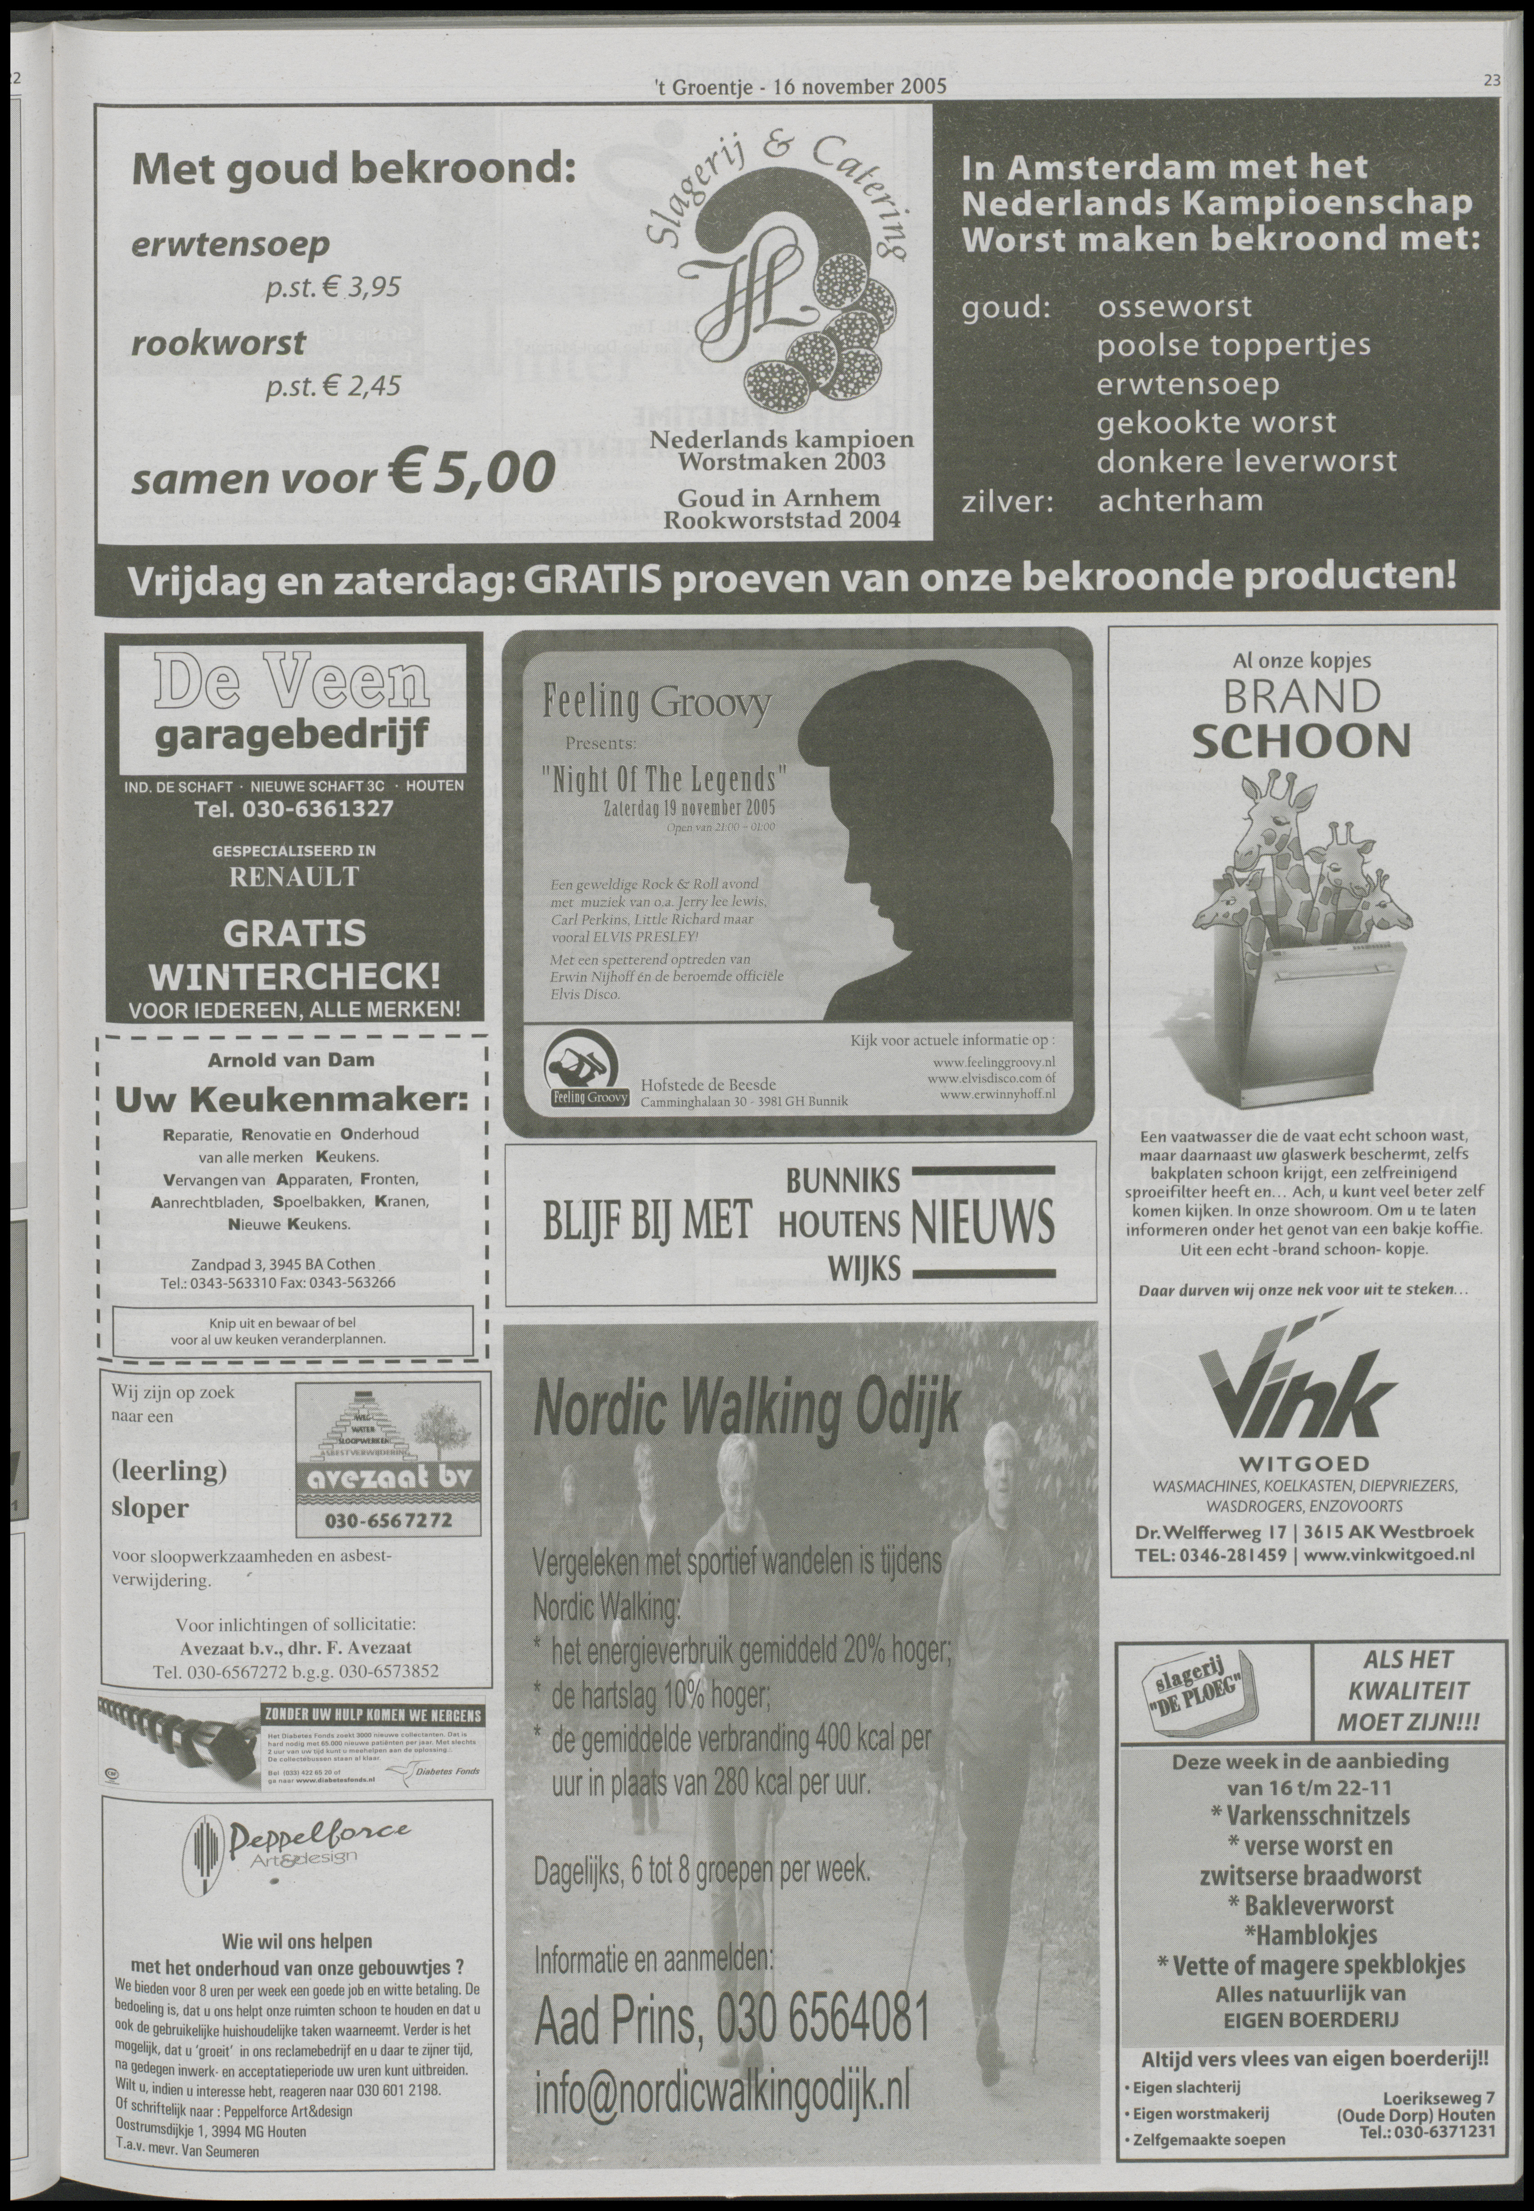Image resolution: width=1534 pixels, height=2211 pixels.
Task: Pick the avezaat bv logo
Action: click(388, 1480)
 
